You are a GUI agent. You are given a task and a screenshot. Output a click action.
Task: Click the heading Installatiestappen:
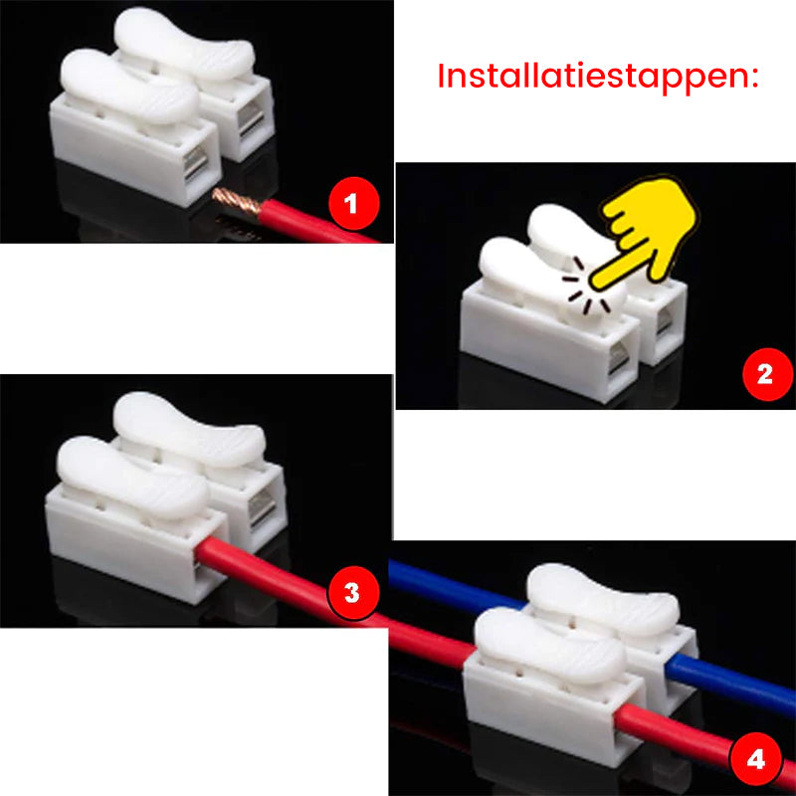[x=598, y=77]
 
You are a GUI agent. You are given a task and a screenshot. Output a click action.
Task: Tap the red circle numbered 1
[x=349, y=207]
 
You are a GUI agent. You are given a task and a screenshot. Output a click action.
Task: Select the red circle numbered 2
[x=764, y=374]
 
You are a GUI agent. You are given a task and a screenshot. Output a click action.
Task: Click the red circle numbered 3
[x=350, y=594]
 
